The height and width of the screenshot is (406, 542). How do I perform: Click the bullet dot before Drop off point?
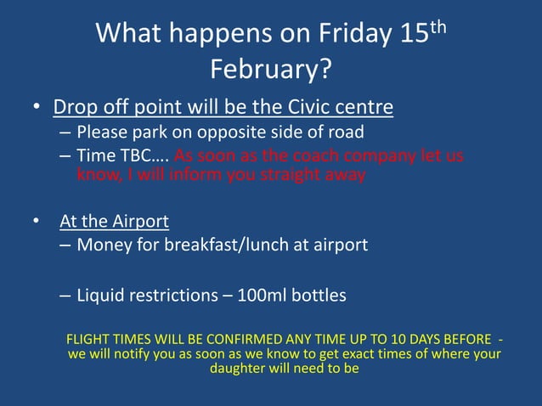coord(37,109)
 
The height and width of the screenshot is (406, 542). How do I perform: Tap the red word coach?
coord(319,156)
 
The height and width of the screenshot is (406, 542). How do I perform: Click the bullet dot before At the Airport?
coord(37,222)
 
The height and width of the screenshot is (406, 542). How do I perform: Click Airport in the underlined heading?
coord(138,222)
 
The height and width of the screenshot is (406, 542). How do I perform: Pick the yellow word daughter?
coord(240,369)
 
